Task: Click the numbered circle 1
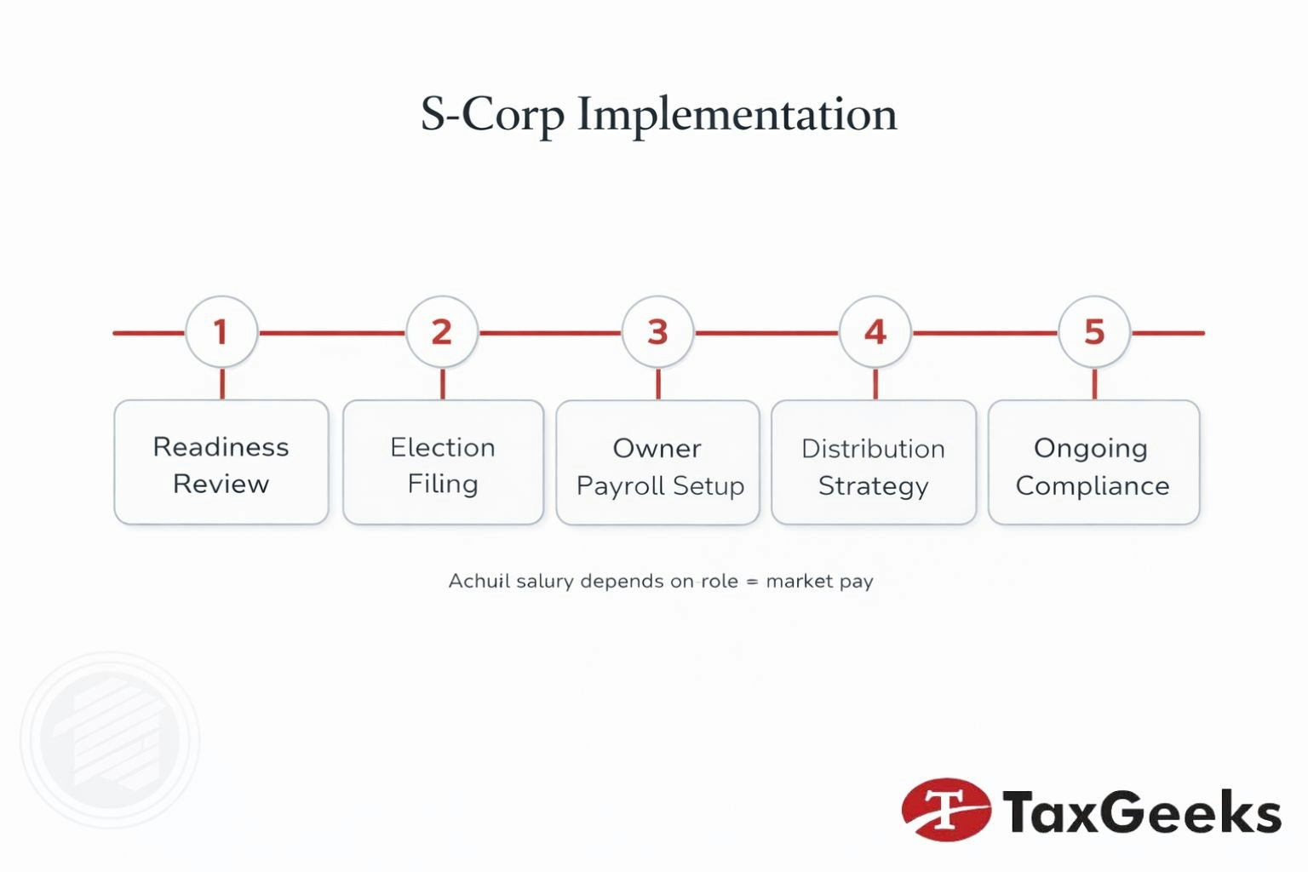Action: (x=221, y=332)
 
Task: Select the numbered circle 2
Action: (x=442, y=332)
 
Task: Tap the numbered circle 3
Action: (x=657, y=332)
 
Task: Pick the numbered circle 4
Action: (x=875, y=332)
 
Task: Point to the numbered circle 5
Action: (x=1094, y=332)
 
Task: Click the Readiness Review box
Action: (x=221, y=462)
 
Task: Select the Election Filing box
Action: (x=443, y=462)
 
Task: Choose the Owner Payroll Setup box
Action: (x=657, y=463)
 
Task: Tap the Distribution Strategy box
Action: (x=874, y=463)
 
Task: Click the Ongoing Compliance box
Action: (x=1093, y=463)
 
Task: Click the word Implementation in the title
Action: (x=737, y=115)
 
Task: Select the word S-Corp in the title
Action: (x=492, y=115)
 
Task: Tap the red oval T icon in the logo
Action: (x=946, y=809)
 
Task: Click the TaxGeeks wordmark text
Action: (x=1141, y=812)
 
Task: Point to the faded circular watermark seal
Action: (x=111, y=739)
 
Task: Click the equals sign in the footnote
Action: (x=752, y=582)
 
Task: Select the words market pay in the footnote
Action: (x=819, y=582)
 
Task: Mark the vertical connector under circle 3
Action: (x=658, y=384)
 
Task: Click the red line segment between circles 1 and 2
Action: (x=332, y=333)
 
